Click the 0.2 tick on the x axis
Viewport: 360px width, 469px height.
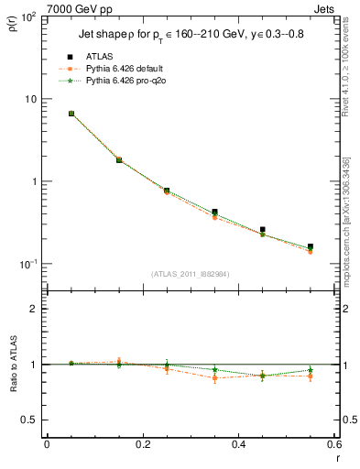point(142,444)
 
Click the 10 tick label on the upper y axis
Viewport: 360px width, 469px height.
point(31,99)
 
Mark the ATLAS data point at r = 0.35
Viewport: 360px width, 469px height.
point(214,212)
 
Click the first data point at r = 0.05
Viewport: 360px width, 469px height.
point(71,114)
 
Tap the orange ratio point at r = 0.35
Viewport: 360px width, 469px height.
point(214,377)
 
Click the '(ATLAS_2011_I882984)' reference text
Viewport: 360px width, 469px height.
point(190,274)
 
